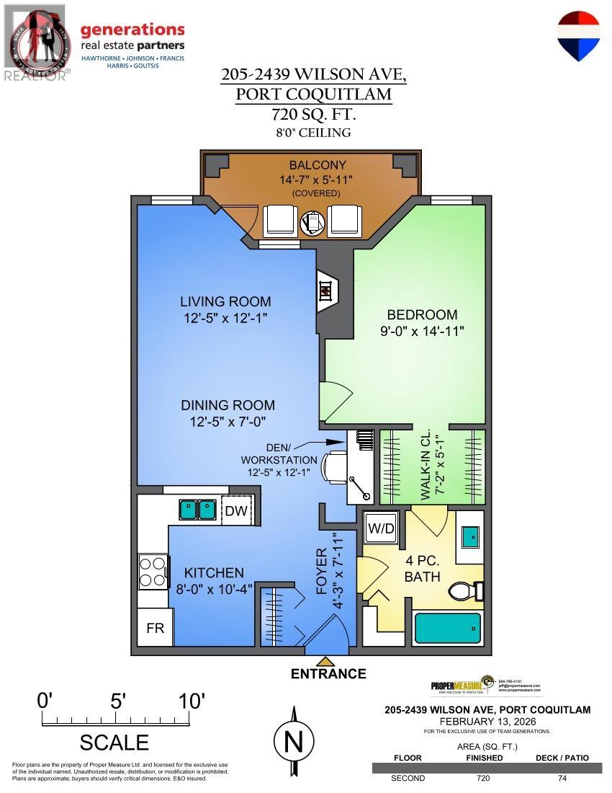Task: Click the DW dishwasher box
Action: coord(235,511)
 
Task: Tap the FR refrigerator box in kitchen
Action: coord(155,628)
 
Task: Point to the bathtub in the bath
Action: coord(448,629)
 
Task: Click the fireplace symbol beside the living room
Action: coord(326,291)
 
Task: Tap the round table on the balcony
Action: coord(313,222)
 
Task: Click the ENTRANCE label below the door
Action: coord(328,674)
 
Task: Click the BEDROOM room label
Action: coord(422,315)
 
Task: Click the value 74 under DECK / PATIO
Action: coord(562,778)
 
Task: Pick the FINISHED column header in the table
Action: coord(484,758)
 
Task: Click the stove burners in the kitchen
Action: coord(152,572)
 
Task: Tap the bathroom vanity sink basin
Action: coord(471,536)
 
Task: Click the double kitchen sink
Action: coord(197,510)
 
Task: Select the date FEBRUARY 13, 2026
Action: coord(487,721)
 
